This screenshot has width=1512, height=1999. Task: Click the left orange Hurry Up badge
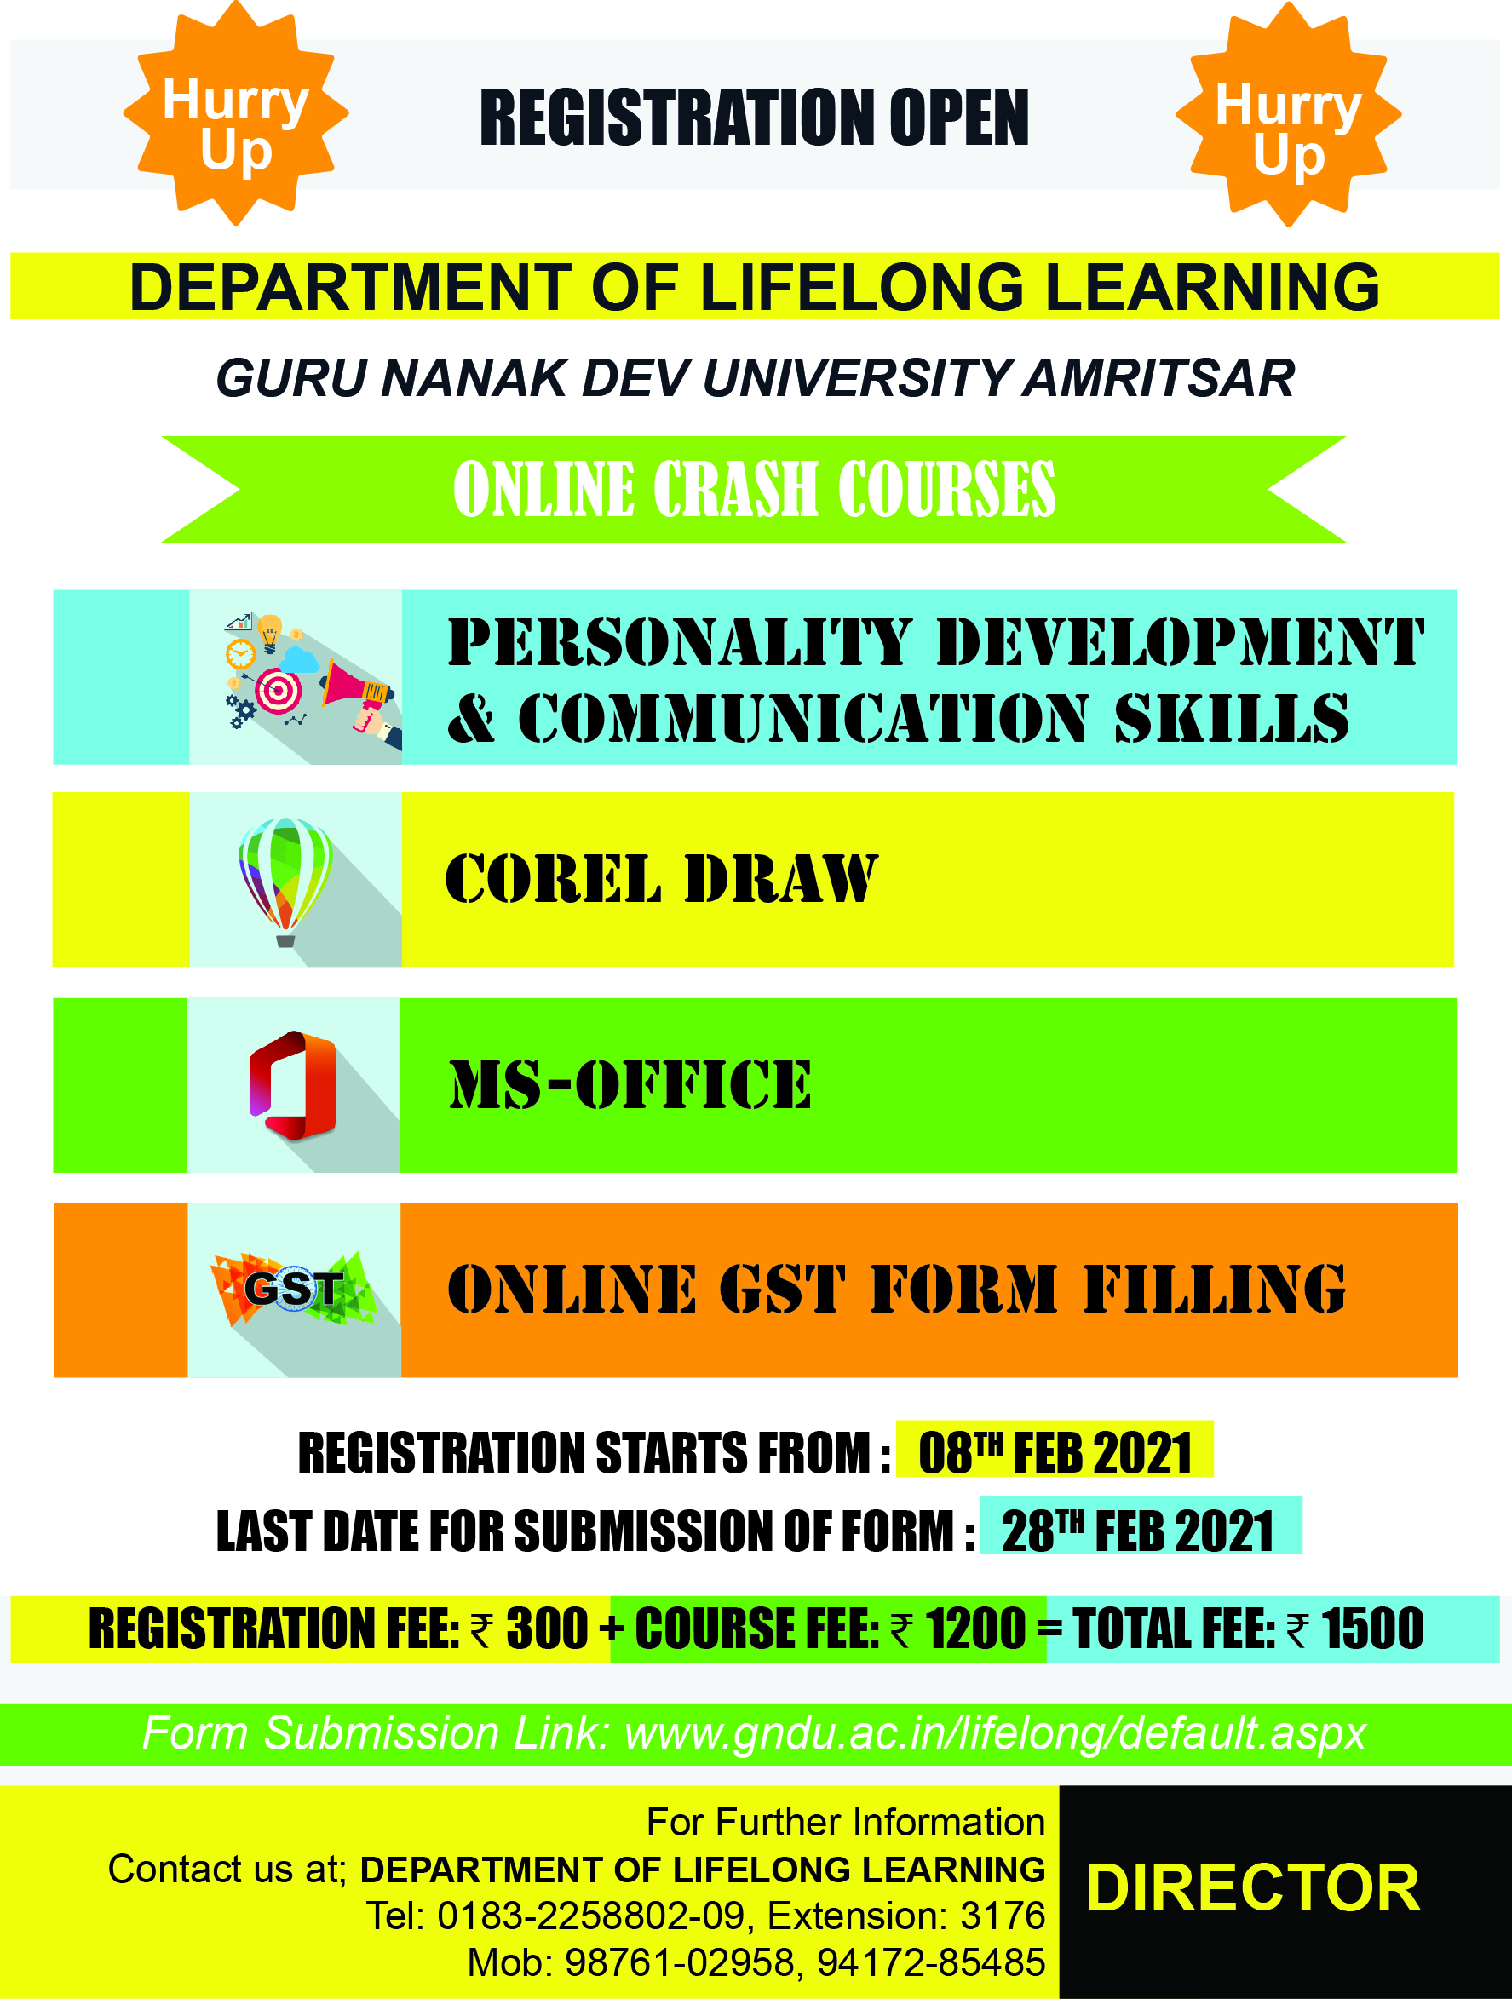[x=236, y=113]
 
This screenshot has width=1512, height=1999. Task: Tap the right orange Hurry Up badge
[x=1289, y=115]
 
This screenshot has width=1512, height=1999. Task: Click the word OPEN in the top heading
[x=959, y=118]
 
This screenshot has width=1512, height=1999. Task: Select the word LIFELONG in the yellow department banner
[x=862, y=286]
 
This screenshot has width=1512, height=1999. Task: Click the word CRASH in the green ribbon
[x=736, y=489]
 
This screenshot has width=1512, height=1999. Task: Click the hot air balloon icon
[x=285, y=882]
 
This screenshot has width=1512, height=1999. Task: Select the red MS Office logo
[x=293, y=1085]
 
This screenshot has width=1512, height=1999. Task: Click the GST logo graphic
[x=294, y=1288]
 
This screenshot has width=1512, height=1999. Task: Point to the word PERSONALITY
[x=680, y=641]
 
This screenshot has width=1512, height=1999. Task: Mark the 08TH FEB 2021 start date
[x=1055, y=1453]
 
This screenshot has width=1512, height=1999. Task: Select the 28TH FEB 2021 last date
[x=1138, y=1531]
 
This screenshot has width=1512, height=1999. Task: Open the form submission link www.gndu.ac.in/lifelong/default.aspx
[x=996, y=1733]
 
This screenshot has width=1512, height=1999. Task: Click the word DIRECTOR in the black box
[x=1254, y=1887]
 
